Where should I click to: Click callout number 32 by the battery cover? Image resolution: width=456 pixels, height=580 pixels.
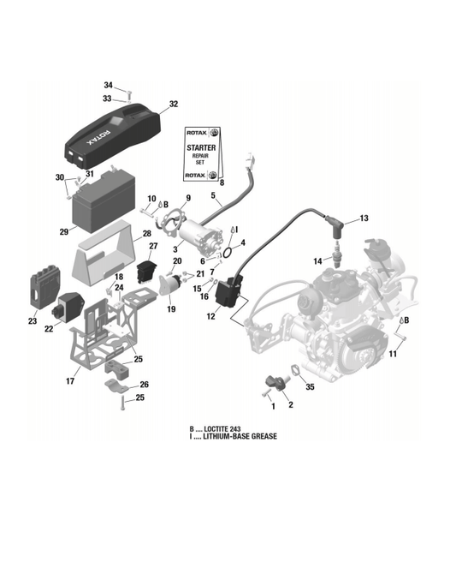(x=174, y=104)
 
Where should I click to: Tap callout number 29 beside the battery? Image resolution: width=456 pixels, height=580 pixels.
(x=63, y=231)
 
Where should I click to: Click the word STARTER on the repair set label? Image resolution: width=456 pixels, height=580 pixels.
(x=201, y=148)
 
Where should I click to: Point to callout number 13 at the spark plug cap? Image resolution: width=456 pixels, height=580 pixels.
(x=364, y=218)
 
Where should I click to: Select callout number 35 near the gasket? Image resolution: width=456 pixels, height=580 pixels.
(x=311, y=387)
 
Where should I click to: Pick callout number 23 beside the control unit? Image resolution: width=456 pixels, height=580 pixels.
(x=33, y=322)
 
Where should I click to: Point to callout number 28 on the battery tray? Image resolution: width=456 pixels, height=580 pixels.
(x=147, y=233)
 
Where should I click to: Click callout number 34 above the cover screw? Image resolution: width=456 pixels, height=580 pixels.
(x=108, y=85)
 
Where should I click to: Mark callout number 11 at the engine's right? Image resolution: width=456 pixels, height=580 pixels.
(x=394, y=354)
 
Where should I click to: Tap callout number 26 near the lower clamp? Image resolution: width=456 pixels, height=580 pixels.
(x=144, y=385)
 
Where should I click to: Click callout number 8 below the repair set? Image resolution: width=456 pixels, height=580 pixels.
(x=221, y=182)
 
